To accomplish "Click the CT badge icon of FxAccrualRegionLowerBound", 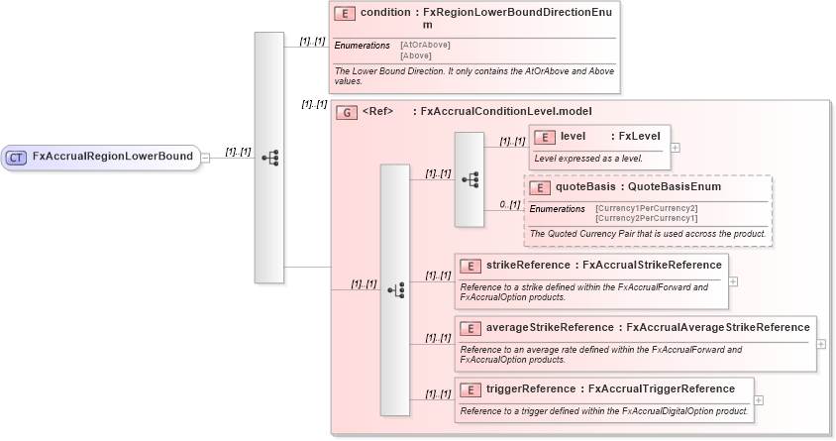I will [x=17, y=157].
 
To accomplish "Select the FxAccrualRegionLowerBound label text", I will [x=112, y=157].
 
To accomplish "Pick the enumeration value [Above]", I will [x=415, y=55].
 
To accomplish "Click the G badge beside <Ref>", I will [x=346, y=112].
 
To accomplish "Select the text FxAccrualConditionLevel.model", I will [x=506, y=112].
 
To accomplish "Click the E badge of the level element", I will [x=544, y=137].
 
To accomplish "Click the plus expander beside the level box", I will [x=676, y=147].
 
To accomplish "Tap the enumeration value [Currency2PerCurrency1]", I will [x=646, y=217].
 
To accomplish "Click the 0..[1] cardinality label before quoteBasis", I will [x=509, y=204].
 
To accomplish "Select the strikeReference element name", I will [x=526, y=266].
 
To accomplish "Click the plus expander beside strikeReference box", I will [x=733, y=280].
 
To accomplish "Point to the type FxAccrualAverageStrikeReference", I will [x=718, y=327].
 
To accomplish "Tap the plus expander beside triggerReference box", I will [x=759, y=400].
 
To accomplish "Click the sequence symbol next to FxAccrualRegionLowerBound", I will [x=269, y=157].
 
